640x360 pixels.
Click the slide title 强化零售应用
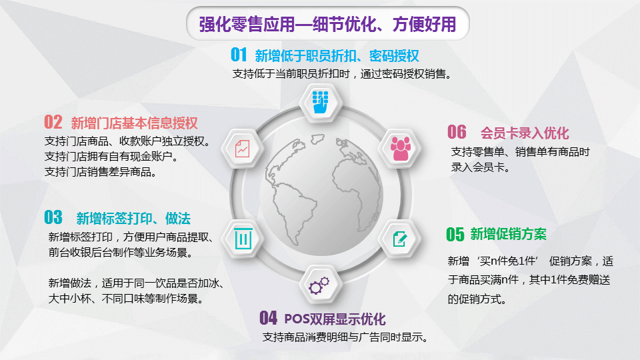click(x=247, y=25)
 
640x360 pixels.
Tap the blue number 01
click(x=239, y=55)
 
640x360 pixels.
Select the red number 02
click(x=53, y=122)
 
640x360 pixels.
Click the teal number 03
click(x=53, y=217)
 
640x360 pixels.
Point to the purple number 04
click(x=268, y=317)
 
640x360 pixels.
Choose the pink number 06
click(x=457, y=132)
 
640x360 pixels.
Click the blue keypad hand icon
click(x=321, y=102)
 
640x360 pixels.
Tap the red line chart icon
click(x=243, y=149)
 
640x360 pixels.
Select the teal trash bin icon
click(x=243, y=238)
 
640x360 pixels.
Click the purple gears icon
click(x=319, y=285)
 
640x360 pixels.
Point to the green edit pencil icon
click(x=399, y=239)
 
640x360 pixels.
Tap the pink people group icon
click(x=401, y=148)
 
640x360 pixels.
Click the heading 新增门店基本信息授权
click(x=134, y=123)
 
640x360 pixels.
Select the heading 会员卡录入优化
click(x=525, y=133)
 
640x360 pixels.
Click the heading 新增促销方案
click(x=508, y=234)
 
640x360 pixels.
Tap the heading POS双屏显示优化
click(x=335, y=319)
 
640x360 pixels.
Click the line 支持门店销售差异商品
click(x=101, y=172)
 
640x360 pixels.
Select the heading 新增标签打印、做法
click(x=133, y=219)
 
